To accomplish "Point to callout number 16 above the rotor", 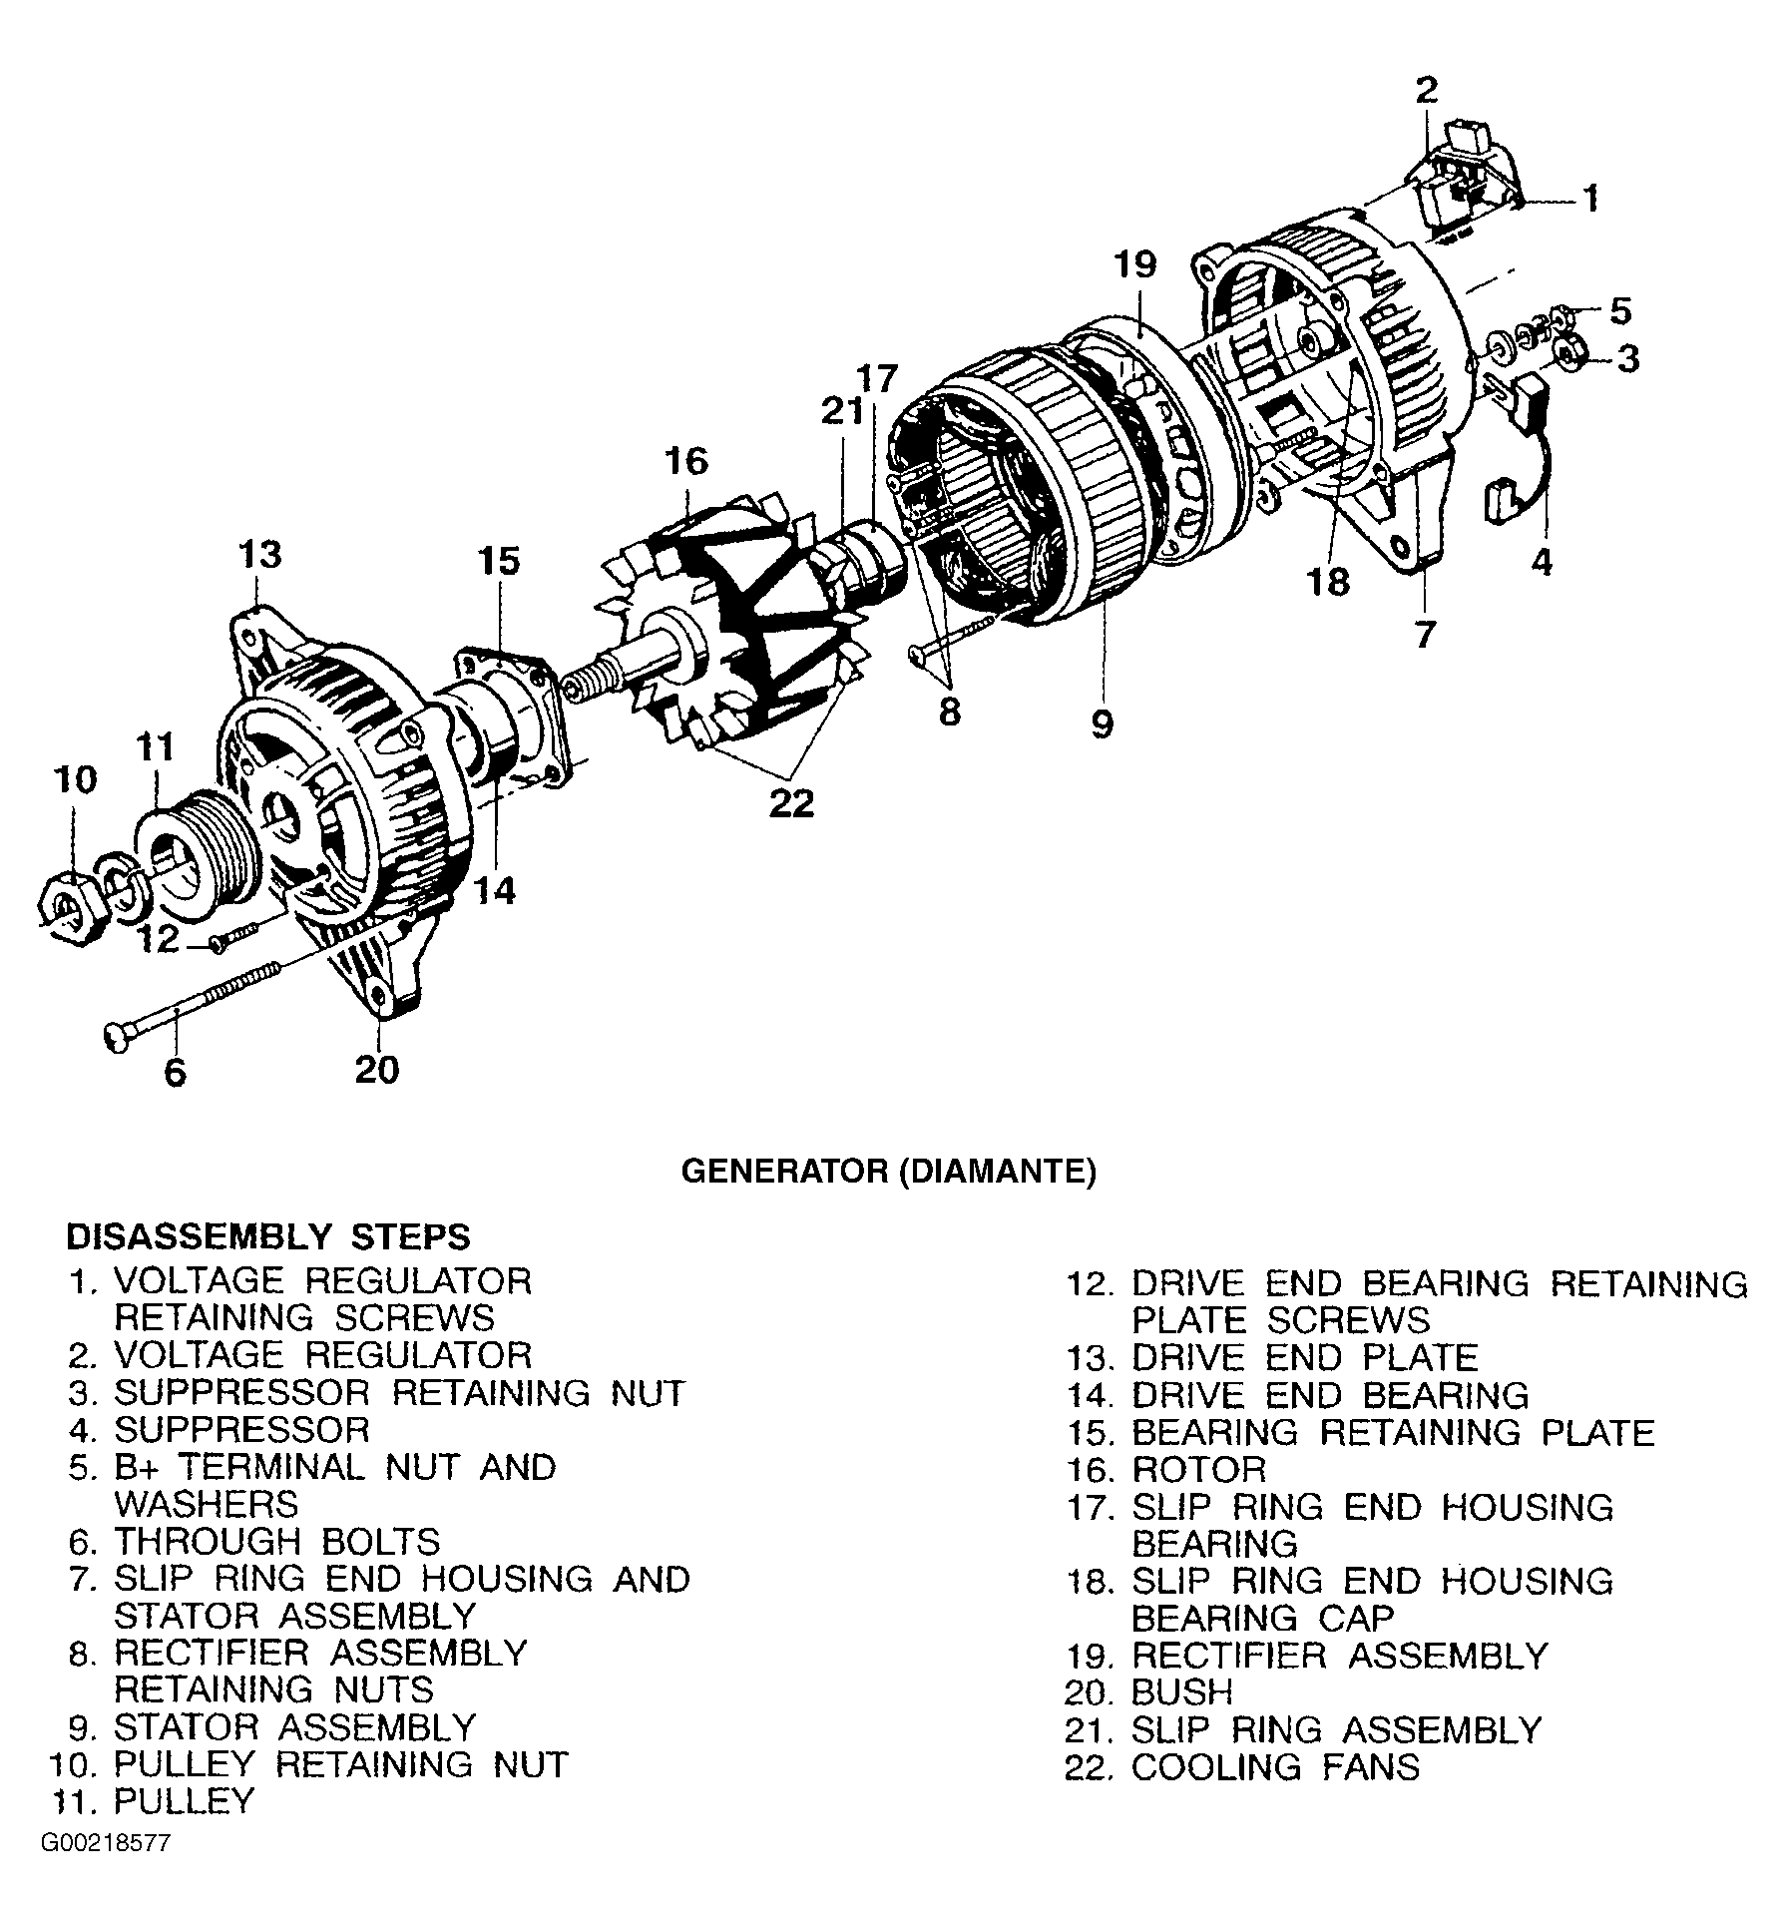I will point(686,461).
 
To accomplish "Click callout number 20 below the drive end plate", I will point(376,1070).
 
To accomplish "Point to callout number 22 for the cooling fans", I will point(792,802).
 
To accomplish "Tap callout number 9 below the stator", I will point(1102,723).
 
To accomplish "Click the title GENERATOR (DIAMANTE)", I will point(888,1171).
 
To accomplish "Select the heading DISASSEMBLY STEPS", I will point(267,1236).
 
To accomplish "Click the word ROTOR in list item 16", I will point(1198,1469).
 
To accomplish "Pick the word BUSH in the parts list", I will point(1182,1692).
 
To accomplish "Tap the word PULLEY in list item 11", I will point(185,1802).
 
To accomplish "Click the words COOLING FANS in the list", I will point(1274,1766).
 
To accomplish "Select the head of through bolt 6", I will point(116,1041).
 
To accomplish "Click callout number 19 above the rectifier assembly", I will point(1135,264).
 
